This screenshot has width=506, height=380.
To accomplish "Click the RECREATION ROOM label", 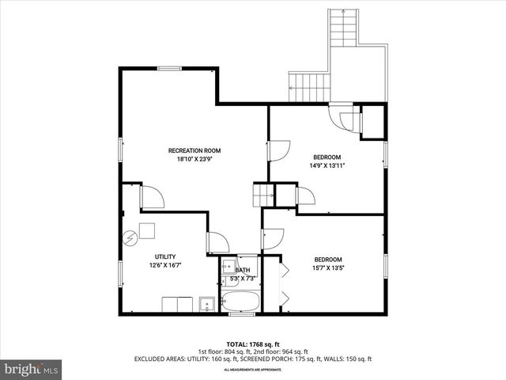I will (194, 150).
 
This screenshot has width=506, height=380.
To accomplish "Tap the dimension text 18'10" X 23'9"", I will (194, 159).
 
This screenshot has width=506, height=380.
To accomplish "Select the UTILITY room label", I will (165, 256).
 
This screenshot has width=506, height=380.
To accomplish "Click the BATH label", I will (242, 270).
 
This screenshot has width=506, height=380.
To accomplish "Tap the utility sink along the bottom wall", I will (207, 302).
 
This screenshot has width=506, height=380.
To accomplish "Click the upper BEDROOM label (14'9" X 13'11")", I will (327, 157).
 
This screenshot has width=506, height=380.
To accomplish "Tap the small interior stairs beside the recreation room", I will (262, 193).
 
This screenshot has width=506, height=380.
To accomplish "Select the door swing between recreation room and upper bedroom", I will (279, 151).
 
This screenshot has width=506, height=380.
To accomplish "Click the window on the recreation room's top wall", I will (170, 69).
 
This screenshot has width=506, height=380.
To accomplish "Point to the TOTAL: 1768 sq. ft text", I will (252, 344).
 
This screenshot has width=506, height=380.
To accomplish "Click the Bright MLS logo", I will (31, 368).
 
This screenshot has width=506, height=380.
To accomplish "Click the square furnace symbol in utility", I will (147, 231).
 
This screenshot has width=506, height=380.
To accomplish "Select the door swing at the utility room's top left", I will (152, 197).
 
